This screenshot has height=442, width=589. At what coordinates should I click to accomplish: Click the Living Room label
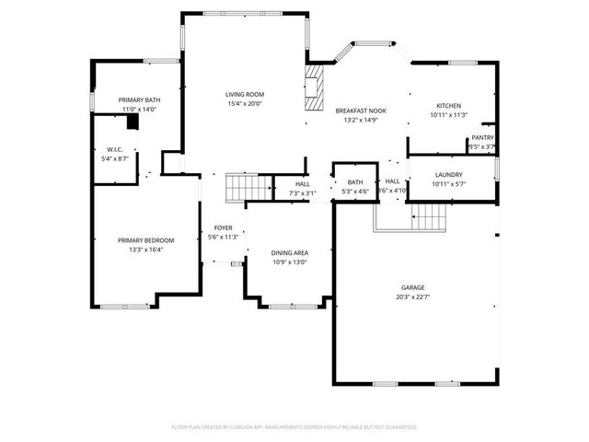click(245, 94)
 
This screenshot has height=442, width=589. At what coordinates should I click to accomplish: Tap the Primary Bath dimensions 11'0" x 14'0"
click(140, 110)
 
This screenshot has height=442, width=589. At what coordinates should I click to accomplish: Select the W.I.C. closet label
click(115, 149)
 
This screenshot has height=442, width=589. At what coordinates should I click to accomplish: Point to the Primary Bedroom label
click(145, 240)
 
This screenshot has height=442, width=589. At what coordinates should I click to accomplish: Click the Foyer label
click(224, 227)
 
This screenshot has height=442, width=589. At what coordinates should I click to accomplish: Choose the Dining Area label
click(289, 252)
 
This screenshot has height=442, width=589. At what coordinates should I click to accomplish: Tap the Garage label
click(412, 287)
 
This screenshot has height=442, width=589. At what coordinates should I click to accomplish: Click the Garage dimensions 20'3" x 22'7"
click(412, 297)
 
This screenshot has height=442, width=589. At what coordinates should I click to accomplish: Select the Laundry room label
click(448, 174)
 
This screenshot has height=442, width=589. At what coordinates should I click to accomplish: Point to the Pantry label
click(482, 137)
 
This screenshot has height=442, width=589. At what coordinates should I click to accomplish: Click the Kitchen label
click(448, 106)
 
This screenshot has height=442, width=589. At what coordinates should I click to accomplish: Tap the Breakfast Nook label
click(360, 110)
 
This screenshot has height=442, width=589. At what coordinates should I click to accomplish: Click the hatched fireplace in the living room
click(316, 87)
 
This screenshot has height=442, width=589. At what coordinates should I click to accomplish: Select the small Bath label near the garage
click(355, 182)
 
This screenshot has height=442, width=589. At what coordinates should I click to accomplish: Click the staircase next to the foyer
click(248, 187)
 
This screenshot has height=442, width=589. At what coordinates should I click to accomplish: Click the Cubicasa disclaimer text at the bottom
click(294, 427)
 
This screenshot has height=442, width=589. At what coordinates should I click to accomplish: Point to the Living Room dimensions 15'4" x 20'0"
click(245, 103)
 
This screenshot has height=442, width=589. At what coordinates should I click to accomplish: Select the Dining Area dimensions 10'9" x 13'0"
click(289, 262)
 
